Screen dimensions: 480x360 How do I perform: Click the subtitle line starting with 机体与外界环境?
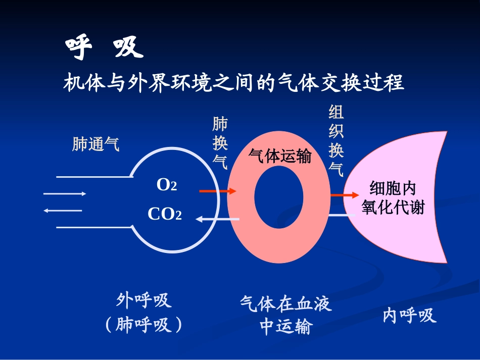pyautogui.click(x=233, y=82)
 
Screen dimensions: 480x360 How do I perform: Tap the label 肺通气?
pyautogui.click(x=96, y=145)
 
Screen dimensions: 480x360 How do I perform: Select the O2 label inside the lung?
pyautogui.click(x=167, y=185)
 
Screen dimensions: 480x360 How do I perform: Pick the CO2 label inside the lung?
pyautogui.click(x=165, y=215)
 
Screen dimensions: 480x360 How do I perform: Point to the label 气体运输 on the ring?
pyautogui.click(x=279, y=156)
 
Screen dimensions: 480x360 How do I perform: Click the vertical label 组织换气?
pyautogui.click(x=336, y=141)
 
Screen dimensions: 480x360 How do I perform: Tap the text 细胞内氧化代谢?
pyautogui.click(x=393, y=198)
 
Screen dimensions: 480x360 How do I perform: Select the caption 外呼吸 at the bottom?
pyautogui.click(x=144, y=301)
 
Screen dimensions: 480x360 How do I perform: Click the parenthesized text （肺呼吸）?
pyautogui.click(x=144, y=326)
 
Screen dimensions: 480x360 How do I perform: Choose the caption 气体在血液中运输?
pyautogui.click(x=285, y=315)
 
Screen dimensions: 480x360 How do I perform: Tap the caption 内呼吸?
pyautogui.click(x=409, y=316)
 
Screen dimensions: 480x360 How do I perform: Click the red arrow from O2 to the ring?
pyautogui.click(x=217, y=191)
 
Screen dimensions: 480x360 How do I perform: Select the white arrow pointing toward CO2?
pyautogui.click(x=217, y=219)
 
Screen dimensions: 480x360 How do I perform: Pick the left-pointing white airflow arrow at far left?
pyautogui.click(x=63, y=210)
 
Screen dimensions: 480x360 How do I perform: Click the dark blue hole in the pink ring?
pyautogui.click(x=278, y=202)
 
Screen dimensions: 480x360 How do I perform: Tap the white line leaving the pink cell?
pyautogui.click(x=346, y=216)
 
